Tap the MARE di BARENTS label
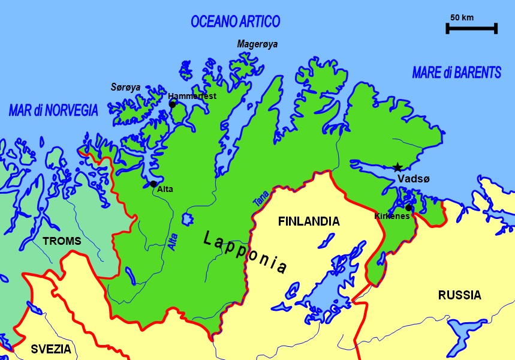click(x=456, y=73)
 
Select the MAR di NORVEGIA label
click(x=53, y=110)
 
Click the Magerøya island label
click(x=257, y=44)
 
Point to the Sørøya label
click(x=125, y=88)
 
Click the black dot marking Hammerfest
click(x=173, y=104)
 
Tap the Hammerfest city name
click(x=192, y=96)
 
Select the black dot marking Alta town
click(x=153, y=184)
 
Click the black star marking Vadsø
click(x=397, y=167)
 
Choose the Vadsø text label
click(x=412, y=179)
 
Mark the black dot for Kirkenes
click(x=408, y=208)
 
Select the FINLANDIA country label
click(x=309, y=222)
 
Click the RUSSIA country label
click(x=459, y=295)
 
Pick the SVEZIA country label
click(x=51, y=349)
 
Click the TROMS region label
click(x=62, y=241)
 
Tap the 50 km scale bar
click(x=471, y=28)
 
